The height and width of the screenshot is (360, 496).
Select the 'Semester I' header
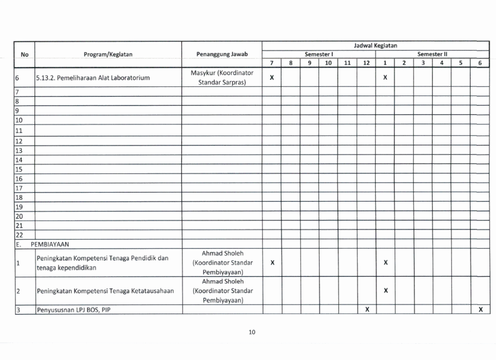(318, 54)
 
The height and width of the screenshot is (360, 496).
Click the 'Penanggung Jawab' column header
(222, 54)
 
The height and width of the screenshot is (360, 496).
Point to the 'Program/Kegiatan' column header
(108, 54)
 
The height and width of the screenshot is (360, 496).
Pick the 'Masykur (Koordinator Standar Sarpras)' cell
(222, 78)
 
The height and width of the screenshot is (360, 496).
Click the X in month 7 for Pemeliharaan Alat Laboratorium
(272, 78)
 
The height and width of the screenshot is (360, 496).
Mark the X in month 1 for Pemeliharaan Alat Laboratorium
(385, 78)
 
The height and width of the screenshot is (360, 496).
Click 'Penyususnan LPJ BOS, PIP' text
(77, 310)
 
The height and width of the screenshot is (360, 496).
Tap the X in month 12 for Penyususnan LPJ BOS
(366, 310)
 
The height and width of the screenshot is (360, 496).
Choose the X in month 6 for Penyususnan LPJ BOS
(480, 310)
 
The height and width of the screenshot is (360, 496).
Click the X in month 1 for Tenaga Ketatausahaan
(385, 292)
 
